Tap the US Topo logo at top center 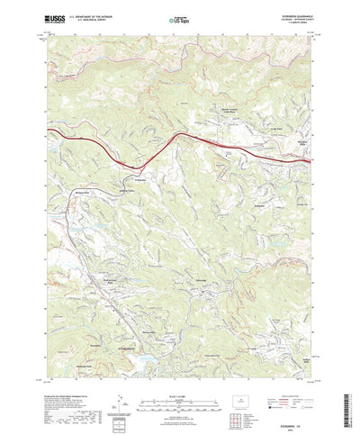(x=180, y=19)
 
